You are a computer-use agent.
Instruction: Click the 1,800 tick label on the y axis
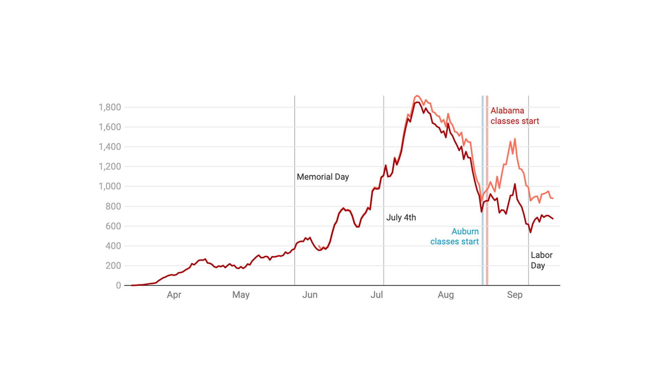tap(110, 107)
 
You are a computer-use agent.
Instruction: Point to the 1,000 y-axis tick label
tap(110, 186)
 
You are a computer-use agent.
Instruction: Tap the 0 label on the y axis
tap(118, 285)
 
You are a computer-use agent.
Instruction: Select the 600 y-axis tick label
tap(113, 226)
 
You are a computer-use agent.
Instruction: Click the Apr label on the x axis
tap(174, 295)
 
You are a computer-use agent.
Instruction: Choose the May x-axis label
tap(241, 295)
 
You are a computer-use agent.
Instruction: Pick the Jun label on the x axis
tap(310, 295)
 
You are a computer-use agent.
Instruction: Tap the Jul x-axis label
tap(377, 295)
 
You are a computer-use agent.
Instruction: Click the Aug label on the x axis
tap(446, 295)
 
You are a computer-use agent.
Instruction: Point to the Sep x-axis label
tap(515, 295)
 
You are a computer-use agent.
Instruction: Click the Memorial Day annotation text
tap(323, 177)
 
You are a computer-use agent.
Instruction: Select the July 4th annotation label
tap(401, 217)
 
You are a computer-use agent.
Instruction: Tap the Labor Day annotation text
tap(541, 260)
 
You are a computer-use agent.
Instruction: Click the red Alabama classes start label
tap(515, 116)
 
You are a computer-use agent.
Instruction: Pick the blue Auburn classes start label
tap(454, 236)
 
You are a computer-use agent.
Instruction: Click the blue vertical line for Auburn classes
tap(483, 261)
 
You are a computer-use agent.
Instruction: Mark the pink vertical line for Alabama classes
tap(487, 261)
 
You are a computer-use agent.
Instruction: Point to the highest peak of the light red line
tap(416, 96)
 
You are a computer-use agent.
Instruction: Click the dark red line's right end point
tap(553, 218)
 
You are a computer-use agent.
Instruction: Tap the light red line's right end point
tap(553, 198)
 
